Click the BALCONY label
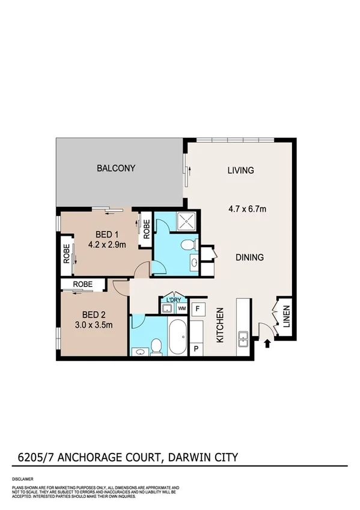[116, 168]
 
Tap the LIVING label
[240, 170]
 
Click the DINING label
[249, 257]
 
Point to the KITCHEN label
[221, 325]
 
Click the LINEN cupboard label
[286, 319]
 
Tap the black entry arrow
[267, 343]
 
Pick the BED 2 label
[94, 315]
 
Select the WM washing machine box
[182, 309]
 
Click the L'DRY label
[174, 300]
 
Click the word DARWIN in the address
[188, 458]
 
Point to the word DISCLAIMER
[23, 479]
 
